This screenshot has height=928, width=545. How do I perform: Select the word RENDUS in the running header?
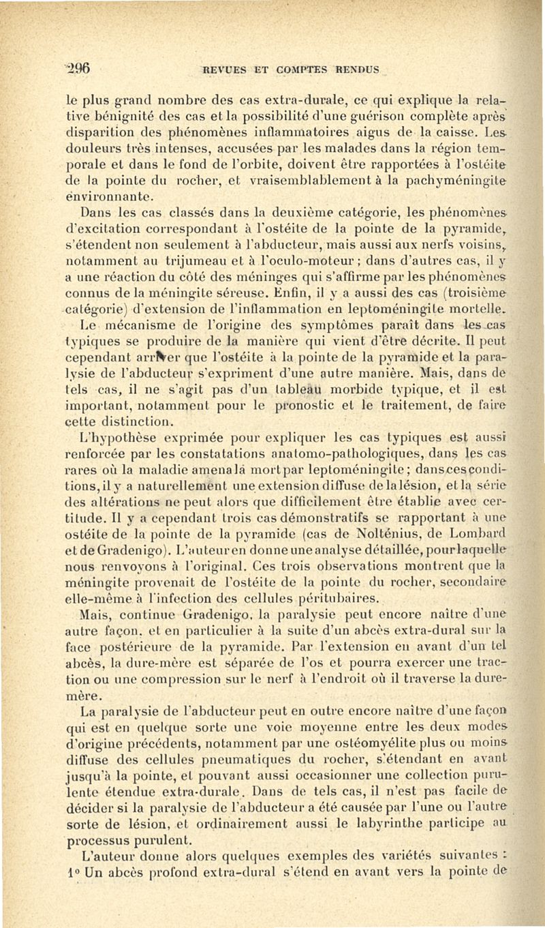click(x=356, y=69)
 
